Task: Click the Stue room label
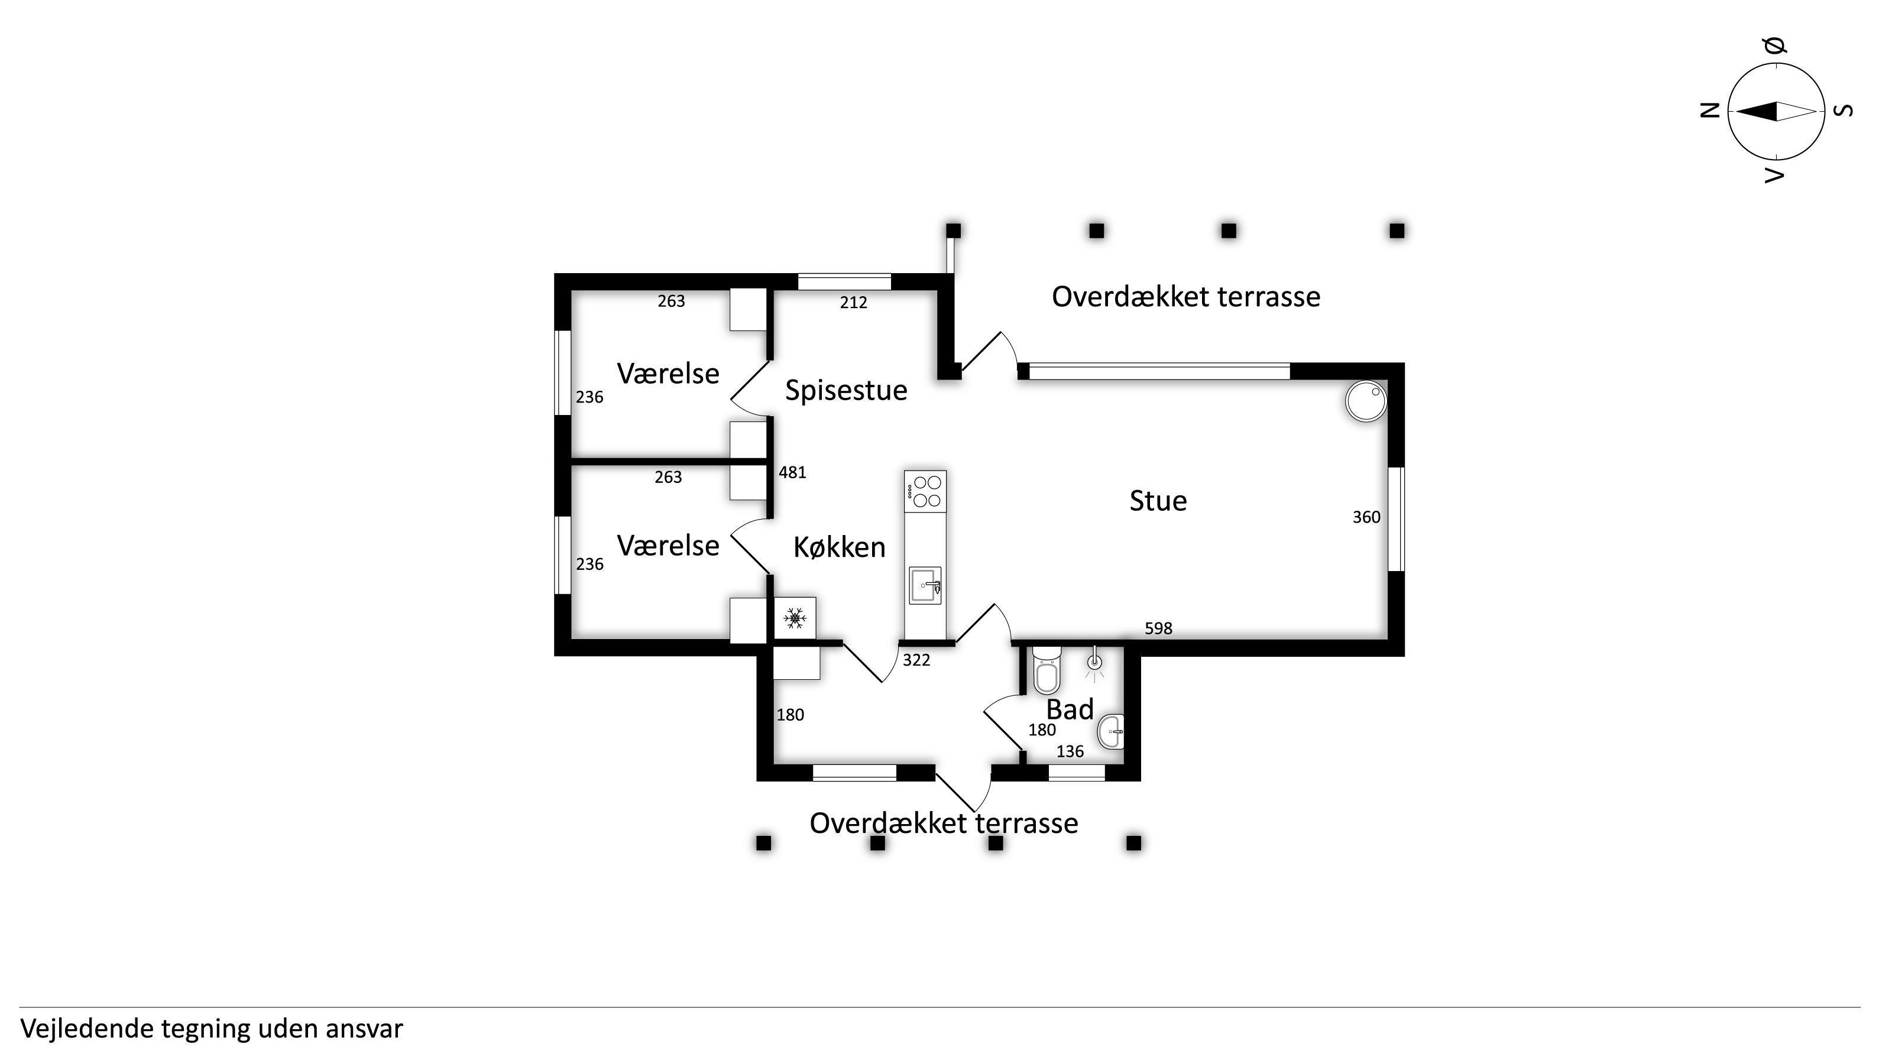1158,500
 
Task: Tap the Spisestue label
846,391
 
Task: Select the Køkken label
840,547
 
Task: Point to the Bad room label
1070,709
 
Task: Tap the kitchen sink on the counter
925,585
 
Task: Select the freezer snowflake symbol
794,618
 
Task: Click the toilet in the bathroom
1046,670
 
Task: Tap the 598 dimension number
1158,628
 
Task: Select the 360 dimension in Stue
1366,517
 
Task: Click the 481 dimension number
792,473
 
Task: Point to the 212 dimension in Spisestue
853,302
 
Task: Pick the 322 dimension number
916,660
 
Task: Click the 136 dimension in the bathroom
1070,751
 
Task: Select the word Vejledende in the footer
87,1029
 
